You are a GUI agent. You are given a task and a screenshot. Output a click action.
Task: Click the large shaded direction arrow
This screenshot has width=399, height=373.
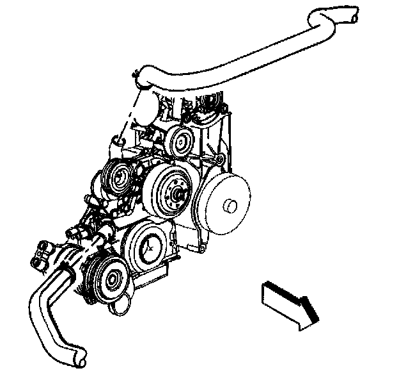tap(290, 303)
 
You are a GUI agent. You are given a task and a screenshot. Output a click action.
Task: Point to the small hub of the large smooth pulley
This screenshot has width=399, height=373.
tap(230, 206)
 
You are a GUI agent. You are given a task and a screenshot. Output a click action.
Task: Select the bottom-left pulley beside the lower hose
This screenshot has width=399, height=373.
tap(112, 279)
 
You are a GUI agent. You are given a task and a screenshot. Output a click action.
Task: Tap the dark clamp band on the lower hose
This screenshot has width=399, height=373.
tap(66, 262)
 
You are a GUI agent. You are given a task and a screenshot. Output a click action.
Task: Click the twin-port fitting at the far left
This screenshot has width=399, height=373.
tap(42, 253)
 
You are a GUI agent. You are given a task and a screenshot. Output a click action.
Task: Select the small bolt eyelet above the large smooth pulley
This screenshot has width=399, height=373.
tap(219, 158)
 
